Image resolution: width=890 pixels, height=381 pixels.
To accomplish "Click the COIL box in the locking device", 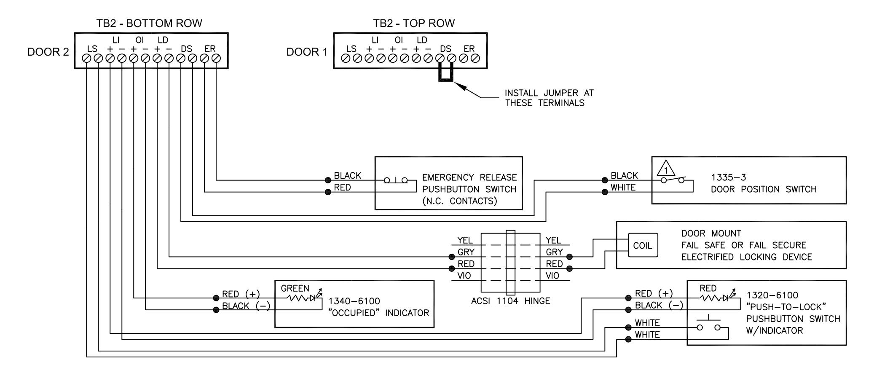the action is click(643, 246).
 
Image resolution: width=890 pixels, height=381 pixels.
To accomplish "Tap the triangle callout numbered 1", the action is click(666, 169).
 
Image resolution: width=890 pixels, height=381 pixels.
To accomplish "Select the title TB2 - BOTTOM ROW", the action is click(150, 23).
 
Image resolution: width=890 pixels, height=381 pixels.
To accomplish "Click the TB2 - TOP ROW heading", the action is click(414, 23).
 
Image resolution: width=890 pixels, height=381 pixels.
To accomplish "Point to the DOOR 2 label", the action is click(48, 52).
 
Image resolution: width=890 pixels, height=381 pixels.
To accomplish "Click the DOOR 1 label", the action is click(307, 52).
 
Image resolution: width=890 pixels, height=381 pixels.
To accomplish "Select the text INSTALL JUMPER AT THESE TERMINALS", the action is click(549, 98).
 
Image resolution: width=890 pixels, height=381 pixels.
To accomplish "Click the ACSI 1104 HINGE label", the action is click(510, 301).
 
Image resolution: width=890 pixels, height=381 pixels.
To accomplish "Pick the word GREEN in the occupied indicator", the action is click(295, 289).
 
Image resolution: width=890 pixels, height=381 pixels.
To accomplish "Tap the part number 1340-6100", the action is click(354, 301).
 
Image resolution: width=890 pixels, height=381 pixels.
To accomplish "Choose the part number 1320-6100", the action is click(772, 295).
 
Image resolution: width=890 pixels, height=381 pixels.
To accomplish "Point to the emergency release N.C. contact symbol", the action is click(396, 180).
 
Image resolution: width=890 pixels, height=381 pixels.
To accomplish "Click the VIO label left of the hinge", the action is click(464, 276).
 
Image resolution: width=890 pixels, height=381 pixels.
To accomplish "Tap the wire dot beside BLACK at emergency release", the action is click(328, 180).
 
